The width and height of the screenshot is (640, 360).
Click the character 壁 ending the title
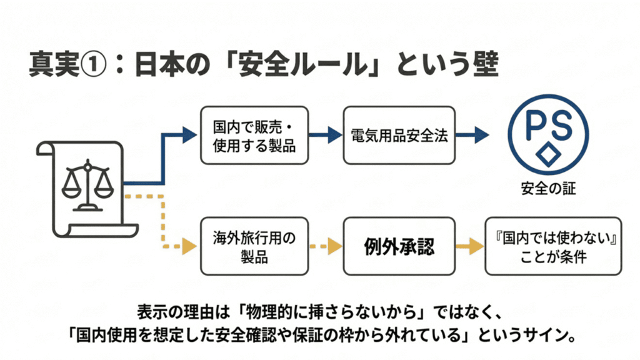pyautogui.click(x=482, y=64)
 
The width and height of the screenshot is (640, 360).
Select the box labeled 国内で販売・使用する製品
pyautogui.click(x=253, y=135)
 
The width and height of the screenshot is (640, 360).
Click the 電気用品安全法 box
pyautogui.click(x=399, y=135)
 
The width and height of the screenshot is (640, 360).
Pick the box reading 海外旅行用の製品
pyautogui.click(x=253, y=246)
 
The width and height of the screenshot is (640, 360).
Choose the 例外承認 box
pyautogui.click(x=399, y=246)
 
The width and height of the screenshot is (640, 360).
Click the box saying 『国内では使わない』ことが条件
pyautogui.click(x=553, y=246)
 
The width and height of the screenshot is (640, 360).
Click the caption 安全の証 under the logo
pyautogui.click(x=548, y=187)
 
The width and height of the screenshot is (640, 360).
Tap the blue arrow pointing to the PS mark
pyautogui.click(x=473, y=135)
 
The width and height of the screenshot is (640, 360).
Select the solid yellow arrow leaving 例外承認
pyautogui.click(x=469, y=246)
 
